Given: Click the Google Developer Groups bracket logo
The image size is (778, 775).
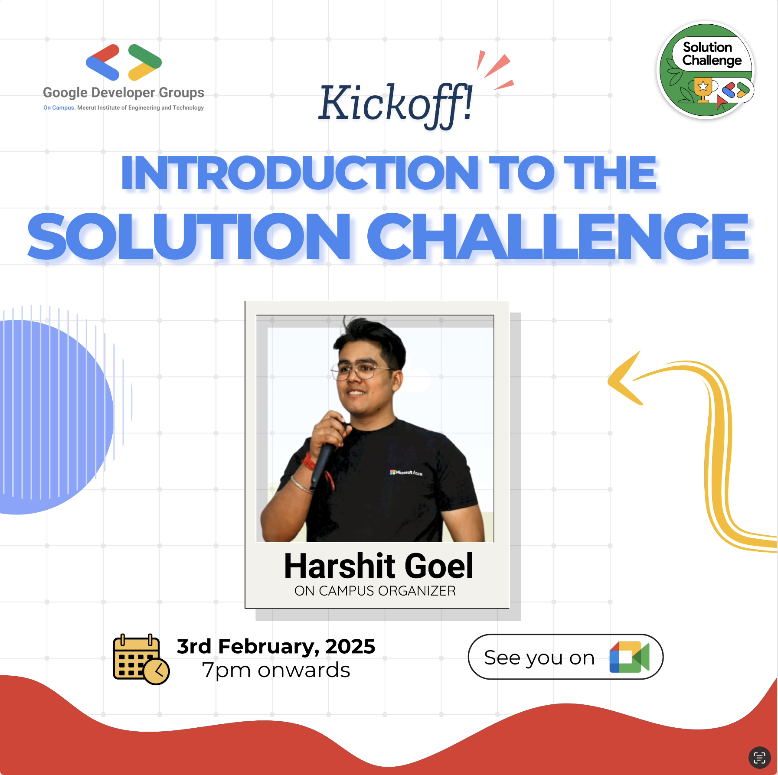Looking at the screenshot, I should pos(124,62).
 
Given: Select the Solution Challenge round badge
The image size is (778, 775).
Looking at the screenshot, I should pos(706,70).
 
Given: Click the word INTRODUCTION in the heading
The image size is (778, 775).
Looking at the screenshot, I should pos(300,173).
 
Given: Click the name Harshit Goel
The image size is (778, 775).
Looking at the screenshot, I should pos(378,566).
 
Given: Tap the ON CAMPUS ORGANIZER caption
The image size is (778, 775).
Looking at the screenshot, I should pos(375,591).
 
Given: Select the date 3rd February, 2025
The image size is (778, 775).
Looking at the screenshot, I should pos(276,646).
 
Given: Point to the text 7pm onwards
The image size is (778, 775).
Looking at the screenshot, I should pos(276,670).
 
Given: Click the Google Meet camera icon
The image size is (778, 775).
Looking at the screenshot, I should pos(629,657).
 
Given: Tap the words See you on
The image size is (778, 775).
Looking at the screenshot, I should pos(539,658).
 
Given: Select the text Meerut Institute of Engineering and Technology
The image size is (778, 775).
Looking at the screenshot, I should pos(141,107).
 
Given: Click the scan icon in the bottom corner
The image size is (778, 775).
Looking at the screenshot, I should pos(759,757).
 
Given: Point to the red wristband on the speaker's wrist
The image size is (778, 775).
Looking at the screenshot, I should pos(309,462).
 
